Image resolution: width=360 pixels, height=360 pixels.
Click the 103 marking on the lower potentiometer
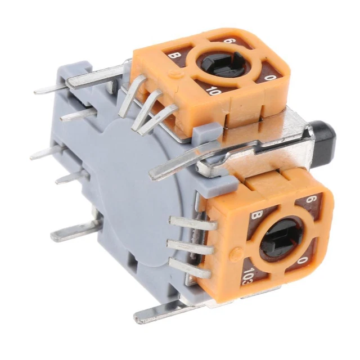(x=247, y=275)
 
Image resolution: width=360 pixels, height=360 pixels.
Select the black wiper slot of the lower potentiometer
(x=281, y=236)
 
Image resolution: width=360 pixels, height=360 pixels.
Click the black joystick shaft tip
(x=326, y=134)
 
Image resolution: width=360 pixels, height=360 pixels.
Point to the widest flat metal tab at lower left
(x=76, y=230)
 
